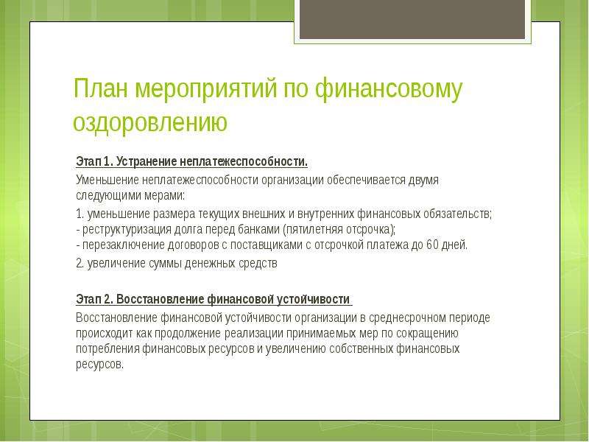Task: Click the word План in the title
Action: (x=101, y=88)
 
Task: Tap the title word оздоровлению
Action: (x=150, y=123)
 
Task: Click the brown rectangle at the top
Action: (x=412, y=20)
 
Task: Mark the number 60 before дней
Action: (x=433, y=245)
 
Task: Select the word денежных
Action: (x=208, y=264)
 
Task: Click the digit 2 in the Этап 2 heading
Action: (x=107, y=300)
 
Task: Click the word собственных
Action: (x=361, y=348)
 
